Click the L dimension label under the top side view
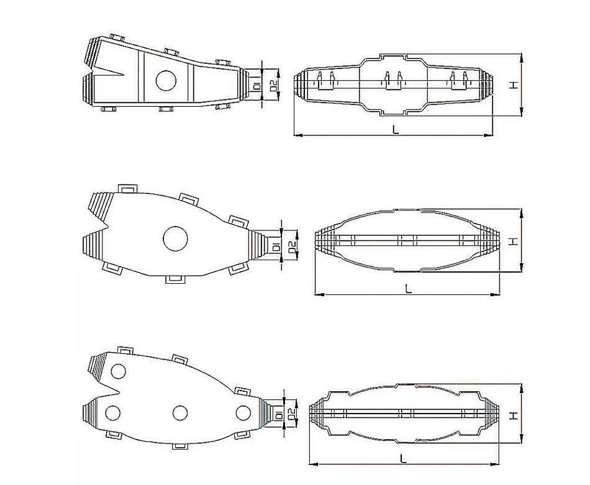point(395,129)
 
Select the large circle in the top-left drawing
point(166,81)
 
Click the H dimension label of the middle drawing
point(513,241)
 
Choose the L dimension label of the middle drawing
point(407,288)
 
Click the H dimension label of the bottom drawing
point(513,414)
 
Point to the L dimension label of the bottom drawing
point(404,458)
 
